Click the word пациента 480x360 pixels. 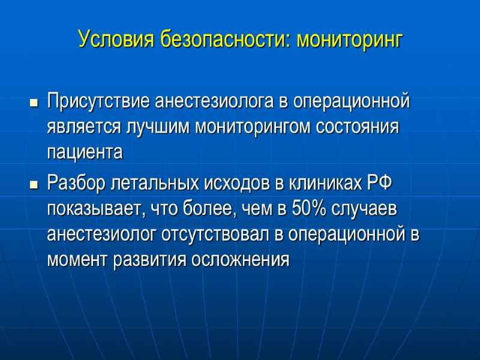[x=85, y=154]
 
